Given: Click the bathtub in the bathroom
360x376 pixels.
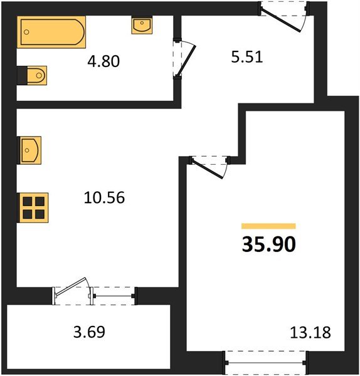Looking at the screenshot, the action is [51, 32].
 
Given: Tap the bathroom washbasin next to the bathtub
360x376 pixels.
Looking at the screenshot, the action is [142, 25].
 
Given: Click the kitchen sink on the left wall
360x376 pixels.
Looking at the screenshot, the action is [29, 150].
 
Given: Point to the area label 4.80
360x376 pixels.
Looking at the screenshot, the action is [103, 61].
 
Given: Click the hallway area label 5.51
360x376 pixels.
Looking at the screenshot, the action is [246, 57].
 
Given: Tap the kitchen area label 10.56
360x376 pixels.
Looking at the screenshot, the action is [104, 197].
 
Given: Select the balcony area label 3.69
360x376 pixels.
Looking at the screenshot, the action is [89, 332].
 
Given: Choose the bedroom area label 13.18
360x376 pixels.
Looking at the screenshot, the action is [310, 333].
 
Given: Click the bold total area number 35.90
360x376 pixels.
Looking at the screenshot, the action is [268, 244].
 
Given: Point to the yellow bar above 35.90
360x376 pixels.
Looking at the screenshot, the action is [268, 226].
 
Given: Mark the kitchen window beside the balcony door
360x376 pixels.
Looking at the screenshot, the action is [114, 296].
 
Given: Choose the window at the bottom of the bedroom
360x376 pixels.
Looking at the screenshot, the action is [266, 363].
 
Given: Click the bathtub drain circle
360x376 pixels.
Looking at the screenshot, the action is [26, 32].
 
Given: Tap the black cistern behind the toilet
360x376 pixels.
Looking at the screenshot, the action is [22, 76].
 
